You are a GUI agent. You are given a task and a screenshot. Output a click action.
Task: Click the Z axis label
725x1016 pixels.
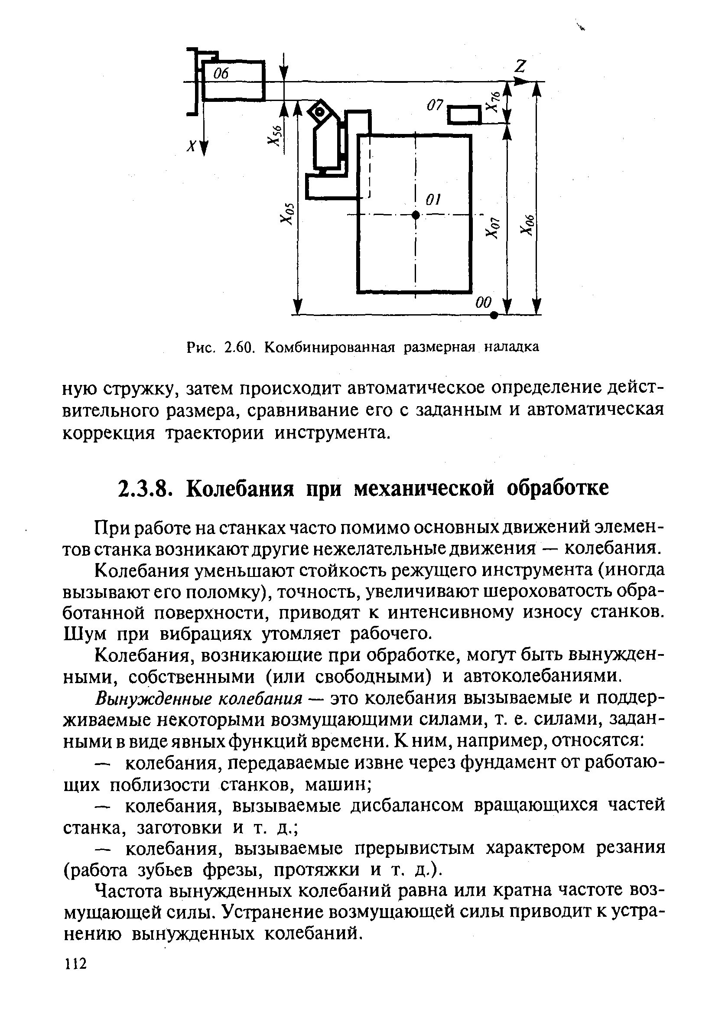(520, 67)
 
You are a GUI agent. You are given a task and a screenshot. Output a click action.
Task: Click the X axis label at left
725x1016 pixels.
(192, 146)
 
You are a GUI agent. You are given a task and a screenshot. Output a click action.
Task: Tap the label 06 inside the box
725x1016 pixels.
(221, 74)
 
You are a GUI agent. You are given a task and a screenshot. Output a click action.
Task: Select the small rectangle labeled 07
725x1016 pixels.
(464, 115)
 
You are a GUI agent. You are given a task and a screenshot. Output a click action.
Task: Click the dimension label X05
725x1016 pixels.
(287, 213)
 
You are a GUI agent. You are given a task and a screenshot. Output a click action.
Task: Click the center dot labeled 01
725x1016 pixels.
(416, 215)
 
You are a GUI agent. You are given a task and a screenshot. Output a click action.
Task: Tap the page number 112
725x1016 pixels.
(75, 964)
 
